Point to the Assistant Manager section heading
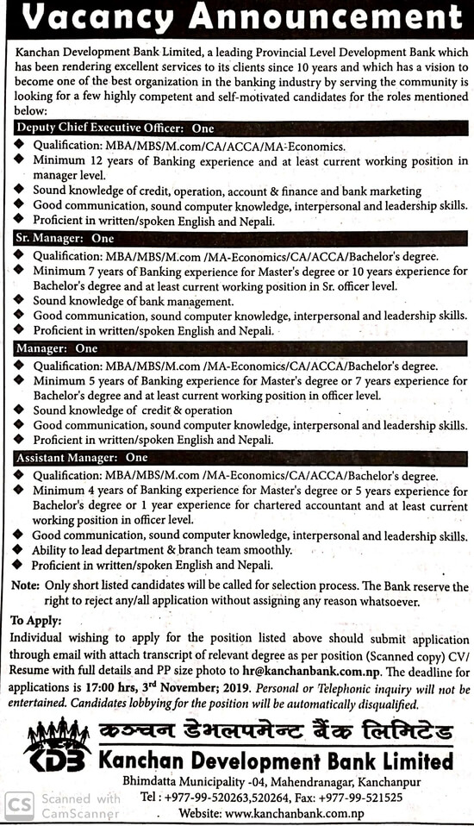tap(82, 457)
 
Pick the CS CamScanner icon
tap(18, 805)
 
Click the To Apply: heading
tap(36, 621)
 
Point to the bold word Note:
tap(24, 586)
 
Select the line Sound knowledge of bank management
tap(134, 301)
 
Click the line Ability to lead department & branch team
tap(150, 550)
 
